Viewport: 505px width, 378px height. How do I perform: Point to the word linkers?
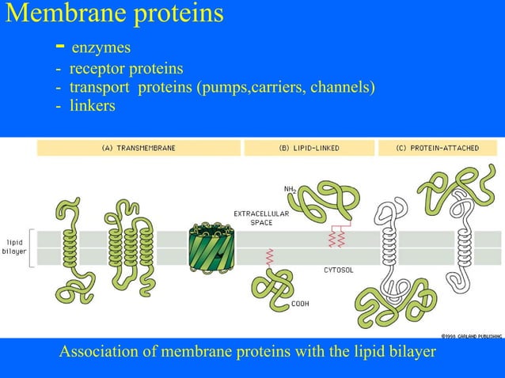92,105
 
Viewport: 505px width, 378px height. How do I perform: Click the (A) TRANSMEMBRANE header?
138,148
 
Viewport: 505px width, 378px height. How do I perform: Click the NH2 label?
290,189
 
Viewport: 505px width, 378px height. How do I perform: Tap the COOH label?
299,304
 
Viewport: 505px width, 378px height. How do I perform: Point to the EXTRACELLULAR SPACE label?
260,217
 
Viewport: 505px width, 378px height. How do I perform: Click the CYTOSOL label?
338,270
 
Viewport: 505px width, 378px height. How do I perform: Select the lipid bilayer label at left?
17,247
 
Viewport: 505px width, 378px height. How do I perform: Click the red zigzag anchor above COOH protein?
270,258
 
